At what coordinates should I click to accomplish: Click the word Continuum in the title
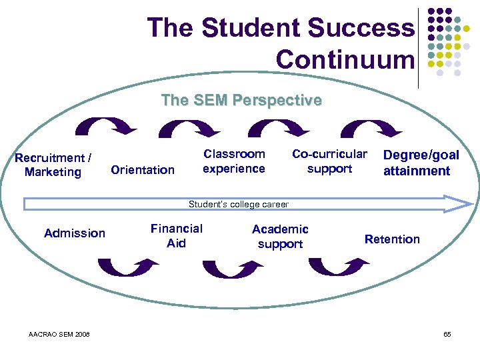click(x=345, y=60)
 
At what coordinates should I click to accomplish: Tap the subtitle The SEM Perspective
click(x=241, y=101)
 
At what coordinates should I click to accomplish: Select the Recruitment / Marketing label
click(x=53, y=165)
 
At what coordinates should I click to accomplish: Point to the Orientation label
click(x=143, y=170)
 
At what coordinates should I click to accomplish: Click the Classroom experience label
click(x=234, y=161)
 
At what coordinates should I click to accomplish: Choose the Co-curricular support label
click(x=329, y=161)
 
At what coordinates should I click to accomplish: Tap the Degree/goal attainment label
click(x=421, y=163)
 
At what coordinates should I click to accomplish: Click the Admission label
click(x=75, y=233)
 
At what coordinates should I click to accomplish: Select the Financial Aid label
click(x=177, y=235)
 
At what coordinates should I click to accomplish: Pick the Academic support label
click(x=280, y=236)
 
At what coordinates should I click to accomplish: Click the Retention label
click(x=392, y=239)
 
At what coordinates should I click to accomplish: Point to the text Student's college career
click(x=239, y=205)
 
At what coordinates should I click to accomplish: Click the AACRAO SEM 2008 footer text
click(x=60, y=334)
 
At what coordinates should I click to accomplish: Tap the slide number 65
click(x=447, y=334)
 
